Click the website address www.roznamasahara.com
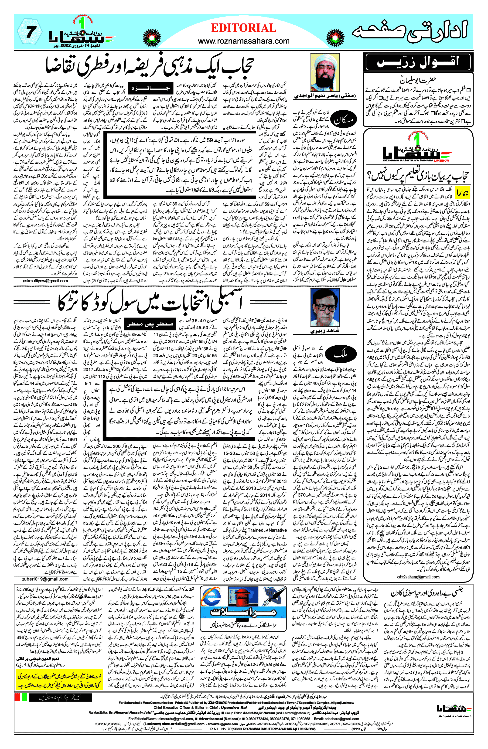(x=243, y=41)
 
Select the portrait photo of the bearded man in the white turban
(x=325, y=72)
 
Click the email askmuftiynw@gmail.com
(x=45, y=281)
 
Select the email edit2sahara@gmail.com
(x=418, y=577)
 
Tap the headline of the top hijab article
(x=150, y=68)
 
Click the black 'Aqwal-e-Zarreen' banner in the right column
(x=417, y=62)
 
